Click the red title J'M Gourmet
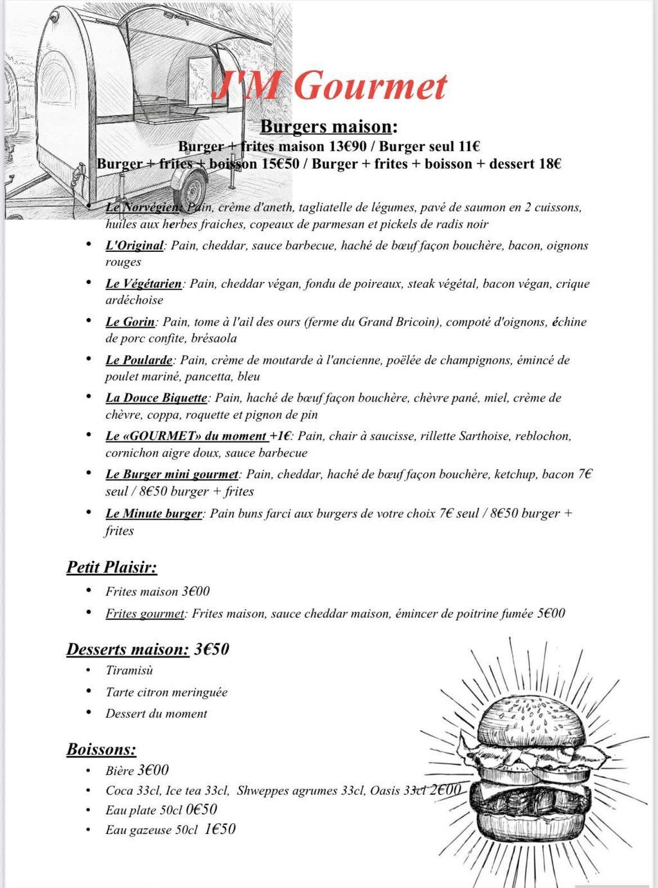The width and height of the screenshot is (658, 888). click(x=329, y=86)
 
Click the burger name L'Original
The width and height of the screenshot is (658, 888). click(x=134, y=245)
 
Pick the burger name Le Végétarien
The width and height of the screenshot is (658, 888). click(x=143, y=283)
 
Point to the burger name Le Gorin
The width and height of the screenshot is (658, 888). click(x=130, y=322)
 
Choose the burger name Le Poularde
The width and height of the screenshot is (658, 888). click(x=139, y=360)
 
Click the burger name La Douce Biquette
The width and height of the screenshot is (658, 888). click(x=156, y=398)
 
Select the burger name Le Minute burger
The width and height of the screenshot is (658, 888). click(x=154, y=513)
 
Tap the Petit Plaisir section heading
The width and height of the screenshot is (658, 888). click(x=112, y=567)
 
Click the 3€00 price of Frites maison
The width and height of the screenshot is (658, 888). click(x=195, y=591)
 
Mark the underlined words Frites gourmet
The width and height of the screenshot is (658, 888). click(x=145, y=614)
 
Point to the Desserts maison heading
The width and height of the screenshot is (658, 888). click(x=128, y=649)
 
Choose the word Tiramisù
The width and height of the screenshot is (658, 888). click(x=129, y=670)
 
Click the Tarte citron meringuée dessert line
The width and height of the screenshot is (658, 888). click(x=166, y=692)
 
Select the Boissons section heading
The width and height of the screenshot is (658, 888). click(x=102, y=749)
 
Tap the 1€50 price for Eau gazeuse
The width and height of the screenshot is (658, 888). click(x=220, y=830)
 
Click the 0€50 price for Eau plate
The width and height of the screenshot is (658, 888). click(x=201, y=810)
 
